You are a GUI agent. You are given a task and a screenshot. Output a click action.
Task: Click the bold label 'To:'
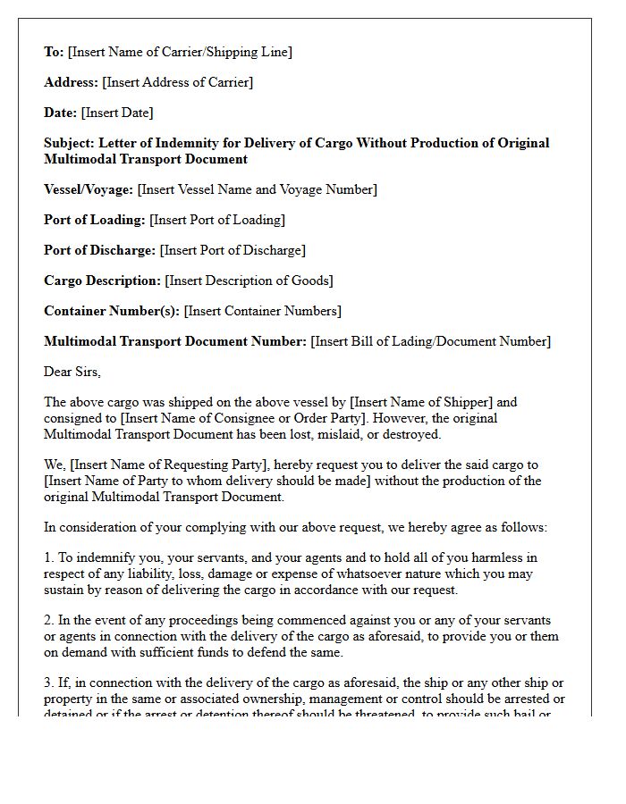(54, 52)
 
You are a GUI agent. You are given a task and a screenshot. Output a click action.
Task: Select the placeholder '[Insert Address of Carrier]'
(178, 82)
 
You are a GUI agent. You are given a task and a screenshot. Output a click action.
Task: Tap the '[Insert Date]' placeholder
(117, 113)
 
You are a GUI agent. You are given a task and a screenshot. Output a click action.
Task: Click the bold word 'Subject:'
(69, 143)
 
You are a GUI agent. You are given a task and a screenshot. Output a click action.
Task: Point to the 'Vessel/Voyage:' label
(89, 189)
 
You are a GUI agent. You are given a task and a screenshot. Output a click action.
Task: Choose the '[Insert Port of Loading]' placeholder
(217, 220)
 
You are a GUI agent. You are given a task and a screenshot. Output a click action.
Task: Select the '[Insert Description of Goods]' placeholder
(249, 281)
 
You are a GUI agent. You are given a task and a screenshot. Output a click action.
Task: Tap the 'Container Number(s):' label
(112, 311)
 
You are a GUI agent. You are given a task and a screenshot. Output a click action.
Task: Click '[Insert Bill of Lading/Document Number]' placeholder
(431, 341)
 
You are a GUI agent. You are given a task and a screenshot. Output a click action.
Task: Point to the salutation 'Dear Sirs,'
(72, 372)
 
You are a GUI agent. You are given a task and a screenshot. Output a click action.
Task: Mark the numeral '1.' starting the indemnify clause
(49, 557)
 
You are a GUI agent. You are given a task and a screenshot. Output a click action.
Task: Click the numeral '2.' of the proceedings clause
(49, 620)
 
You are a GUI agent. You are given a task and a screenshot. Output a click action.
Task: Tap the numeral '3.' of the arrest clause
(49, 683)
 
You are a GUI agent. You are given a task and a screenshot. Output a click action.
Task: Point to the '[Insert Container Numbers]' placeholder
(263, 311)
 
